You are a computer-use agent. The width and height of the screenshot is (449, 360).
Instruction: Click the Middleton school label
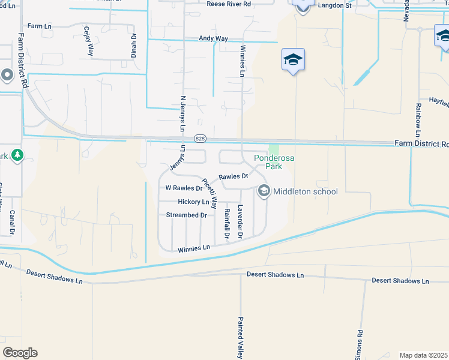(306, 192)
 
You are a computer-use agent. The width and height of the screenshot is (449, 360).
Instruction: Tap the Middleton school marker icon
(263, 191)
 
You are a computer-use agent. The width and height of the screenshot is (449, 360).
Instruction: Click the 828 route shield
(200, 139)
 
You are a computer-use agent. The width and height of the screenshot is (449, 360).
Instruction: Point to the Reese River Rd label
(229, 4)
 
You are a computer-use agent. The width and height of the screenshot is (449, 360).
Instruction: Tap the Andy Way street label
(214, 38)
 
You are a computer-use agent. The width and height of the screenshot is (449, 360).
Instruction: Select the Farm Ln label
(40, 27)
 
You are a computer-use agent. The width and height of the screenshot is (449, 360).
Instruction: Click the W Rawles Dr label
(184, 188)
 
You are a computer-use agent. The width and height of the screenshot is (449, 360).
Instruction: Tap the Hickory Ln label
(193, 202)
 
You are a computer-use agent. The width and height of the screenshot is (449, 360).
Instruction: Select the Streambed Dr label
(186, 215)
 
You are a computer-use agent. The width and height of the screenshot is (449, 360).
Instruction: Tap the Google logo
(20, 353)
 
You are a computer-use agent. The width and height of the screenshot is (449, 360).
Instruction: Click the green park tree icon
(17, 155)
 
